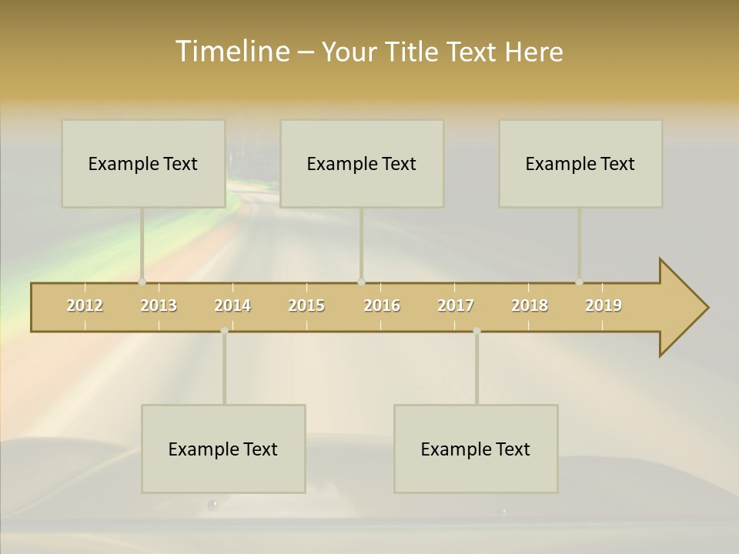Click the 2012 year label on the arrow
[85, 305]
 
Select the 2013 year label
[159, 305]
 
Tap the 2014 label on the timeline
[232, 305]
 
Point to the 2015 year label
[306, 305]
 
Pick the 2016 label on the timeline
[382, 305]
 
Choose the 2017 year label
[456, 305]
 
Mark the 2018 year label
[530, 305]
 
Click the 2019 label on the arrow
[604, 305]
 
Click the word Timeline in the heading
[231, 52]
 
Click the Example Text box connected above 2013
[143, 163]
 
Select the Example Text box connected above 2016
[362, 163]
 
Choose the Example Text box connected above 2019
[580, 163]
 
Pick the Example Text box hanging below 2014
[223, 449]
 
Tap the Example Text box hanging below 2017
[476, 449]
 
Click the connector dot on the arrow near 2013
[142, 282]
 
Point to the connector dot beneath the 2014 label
[224, 331]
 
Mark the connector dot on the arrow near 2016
[361, 282]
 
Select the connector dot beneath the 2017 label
[477, 331]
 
